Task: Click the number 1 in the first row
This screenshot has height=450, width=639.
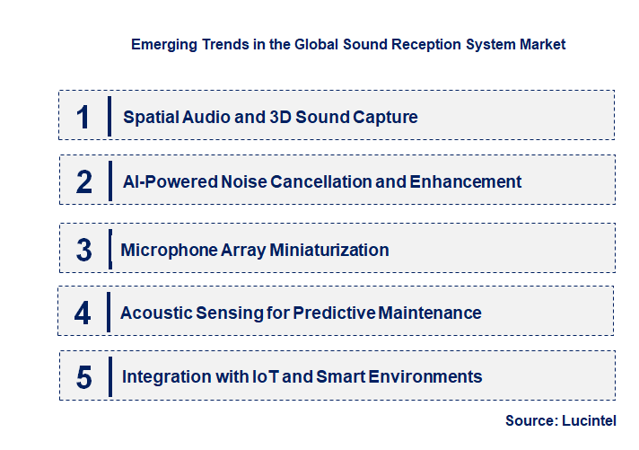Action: click(83, 117)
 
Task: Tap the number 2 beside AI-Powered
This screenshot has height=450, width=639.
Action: click(84, 181)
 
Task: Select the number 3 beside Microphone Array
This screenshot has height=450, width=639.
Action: click(84, 250)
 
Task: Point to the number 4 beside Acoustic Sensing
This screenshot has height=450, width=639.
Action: click(83, 313)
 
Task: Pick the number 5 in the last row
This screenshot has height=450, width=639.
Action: click(84, 377)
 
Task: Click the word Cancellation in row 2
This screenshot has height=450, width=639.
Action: click(321, 181)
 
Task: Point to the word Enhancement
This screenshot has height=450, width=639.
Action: click(466, 181)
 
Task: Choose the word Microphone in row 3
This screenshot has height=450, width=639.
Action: click(169, 250)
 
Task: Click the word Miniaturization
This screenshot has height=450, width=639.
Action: click(329, 250)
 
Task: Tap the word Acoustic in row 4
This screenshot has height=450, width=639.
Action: click(156, 313)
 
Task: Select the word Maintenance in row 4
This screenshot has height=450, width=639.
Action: click(430, 313)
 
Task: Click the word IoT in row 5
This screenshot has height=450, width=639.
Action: click(266, 376)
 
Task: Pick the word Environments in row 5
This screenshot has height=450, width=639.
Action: click(425, 376)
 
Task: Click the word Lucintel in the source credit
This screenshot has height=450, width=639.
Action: click(589, 420)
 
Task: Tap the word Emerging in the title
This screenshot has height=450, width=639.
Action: click(164, 45)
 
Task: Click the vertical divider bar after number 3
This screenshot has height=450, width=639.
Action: click(110, 249)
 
